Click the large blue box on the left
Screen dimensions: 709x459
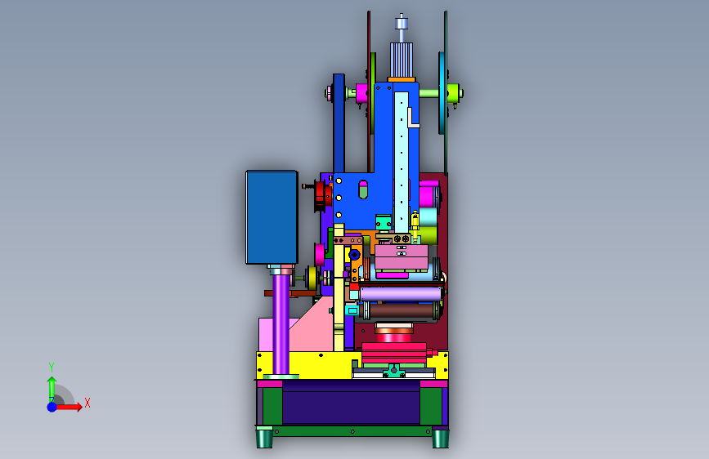point(271,217)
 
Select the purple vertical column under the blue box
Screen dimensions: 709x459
point(280,323)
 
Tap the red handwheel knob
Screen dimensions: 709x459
point(321,196)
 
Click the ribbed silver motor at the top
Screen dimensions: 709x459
point(401,60)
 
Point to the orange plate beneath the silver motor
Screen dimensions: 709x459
point(401,80)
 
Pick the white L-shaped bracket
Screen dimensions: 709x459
point(412,118)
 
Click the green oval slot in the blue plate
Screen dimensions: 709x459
point(363,189)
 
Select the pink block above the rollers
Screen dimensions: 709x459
point(402,256)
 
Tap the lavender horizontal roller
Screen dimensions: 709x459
point(401,294)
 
